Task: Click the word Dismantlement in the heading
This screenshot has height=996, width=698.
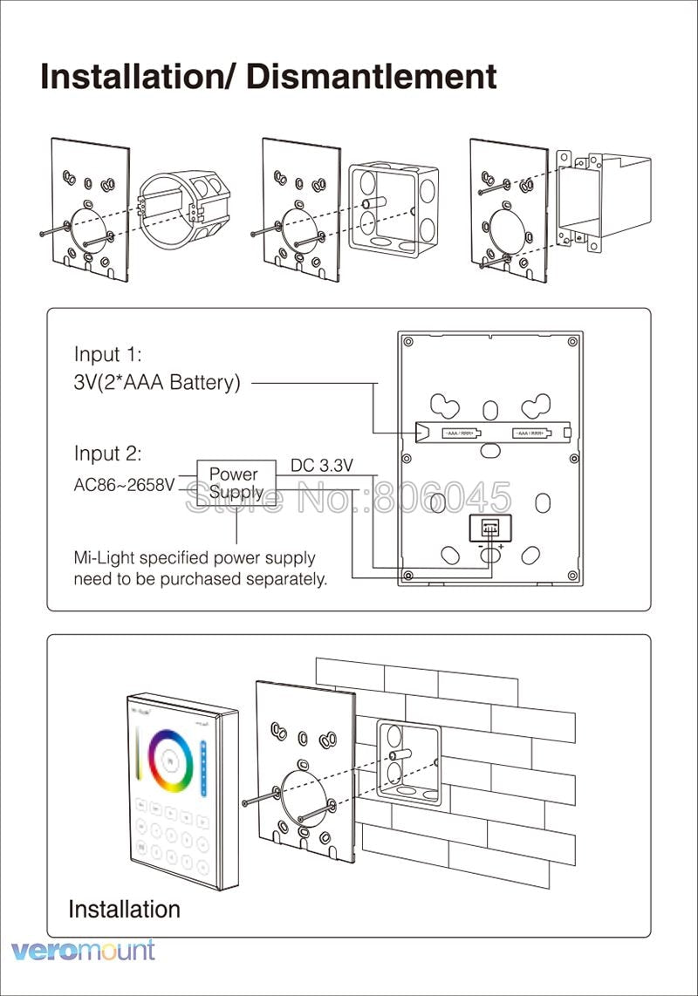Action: tap(372, 77)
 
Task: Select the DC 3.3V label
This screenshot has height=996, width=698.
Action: tap(321, 466)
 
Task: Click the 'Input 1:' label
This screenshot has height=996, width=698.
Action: tap(107, 355)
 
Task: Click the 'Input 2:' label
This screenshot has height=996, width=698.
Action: tap(107, 454)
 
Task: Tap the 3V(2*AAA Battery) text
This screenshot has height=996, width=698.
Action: tap(156, 383)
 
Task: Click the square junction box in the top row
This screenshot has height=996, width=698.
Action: tap(392, 208)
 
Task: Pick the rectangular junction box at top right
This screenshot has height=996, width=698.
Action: tap(603, 199)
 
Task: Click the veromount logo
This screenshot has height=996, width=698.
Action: tap(83, 951)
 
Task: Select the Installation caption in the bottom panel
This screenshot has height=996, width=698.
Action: tap(124, 909)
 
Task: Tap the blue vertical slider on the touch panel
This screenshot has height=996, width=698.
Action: tap(203, 767)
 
